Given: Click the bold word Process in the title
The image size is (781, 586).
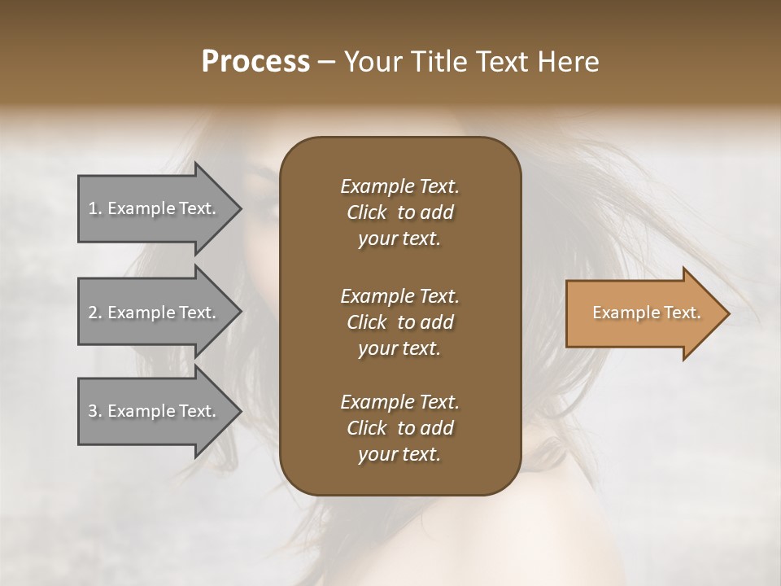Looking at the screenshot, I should pyautogui.click(x=255, y=62).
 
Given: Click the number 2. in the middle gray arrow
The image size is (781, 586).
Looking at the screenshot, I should pyautogui.click(x=95, y=313).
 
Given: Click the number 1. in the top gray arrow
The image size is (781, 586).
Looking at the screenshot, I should pyautogui.click(x=94, y=208).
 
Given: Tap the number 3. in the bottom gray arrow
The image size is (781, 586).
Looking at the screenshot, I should pyautogui.click(x=95, y=411).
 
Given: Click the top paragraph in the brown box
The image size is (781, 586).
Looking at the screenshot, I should pyautogui.click(x=399, y=212).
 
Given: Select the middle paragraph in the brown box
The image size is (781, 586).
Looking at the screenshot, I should pyautogui.click(x=399, y=321).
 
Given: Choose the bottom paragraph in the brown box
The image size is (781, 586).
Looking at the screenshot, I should pyautogui.click(x=399, y=428).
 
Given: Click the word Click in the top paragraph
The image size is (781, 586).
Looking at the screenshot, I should pyautogui.click(x=366, y=212).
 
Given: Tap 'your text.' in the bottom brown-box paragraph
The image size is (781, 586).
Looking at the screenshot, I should pyautogui.click(x=399, y=455).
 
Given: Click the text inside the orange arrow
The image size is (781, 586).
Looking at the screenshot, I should pyautogui.click(x=646, y=313).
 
